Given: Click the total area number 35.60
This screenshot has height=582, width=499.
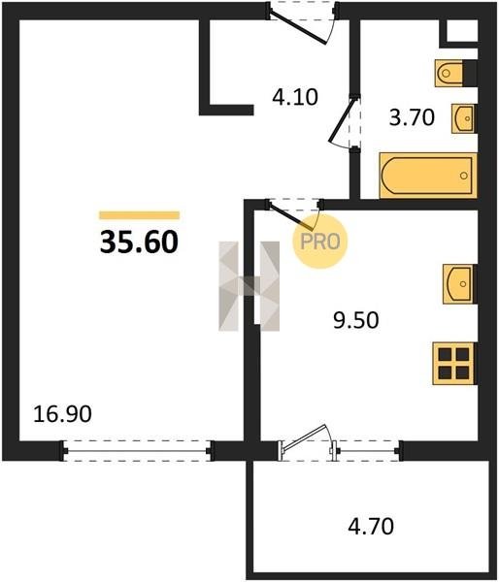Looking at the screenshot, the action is coord(139,242).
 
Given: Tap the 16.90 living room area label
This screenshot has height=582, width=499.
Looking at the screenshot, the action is coord(62,414).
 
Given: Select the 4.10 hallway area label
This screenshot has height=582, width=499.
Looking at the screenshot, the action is coord(295,97).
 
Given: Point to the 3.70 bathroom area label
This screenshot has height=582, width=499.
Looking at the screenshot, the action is coord(412,117).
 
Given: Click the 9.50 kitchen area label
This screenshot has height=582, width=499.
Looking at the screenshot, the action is coord(356,320).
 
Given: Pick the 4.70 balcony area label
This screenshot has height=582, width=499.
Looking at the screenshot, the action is coord(371,527).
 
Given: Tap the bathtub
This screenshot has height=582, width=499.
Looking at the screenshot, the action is coord(428,176).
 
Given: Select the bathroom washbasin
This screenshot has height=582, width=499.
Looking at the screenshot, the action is coord(464,118).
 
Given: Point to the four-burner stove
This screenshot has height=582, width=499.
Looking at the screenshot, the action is coord(454,364).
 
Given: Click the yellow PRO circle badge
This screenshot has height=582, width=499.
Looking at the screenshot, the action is coord(320,242).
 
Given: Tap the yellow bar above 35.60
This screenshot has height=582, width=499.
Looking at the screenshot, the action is coord(140,215).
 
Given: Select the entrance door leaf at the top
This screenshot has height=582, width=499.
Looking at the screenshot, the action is coord(297,27).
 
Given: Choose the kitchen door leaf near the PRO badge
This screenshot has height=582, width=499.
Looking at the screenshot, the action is coord(290,216).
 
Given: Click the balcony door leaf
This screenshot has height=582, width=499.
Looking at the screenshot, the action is coord(304,436).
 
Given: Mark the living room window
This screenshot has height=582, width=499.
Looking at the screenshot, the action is coord(137,451).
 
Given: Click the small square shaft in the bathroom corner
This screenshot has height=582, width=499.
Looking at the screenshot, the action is coord(462,30).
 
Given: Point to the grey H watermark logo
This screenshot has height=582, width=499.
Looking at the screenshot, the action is coord(249,286).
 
